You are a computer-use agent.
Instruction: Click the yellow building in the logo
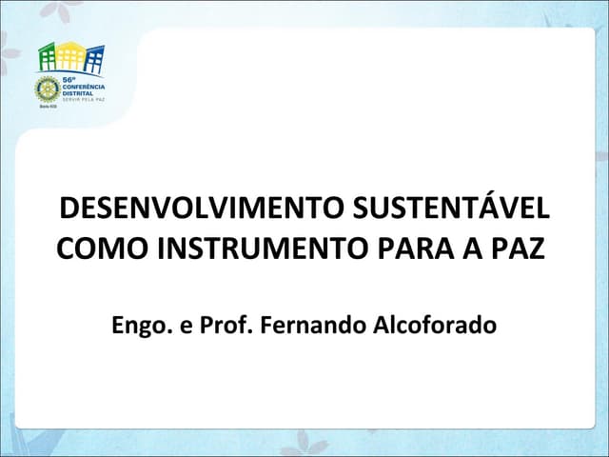point(72,54)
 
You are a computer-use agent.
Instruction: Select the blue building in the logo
point(93,59)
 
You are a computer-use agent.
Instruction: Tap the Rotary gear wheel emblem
point(47,89)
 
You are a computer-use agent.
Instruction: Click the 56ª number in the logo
point(69,80)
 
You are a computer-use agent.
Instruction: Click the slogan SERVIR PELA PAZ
point(83,100)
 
